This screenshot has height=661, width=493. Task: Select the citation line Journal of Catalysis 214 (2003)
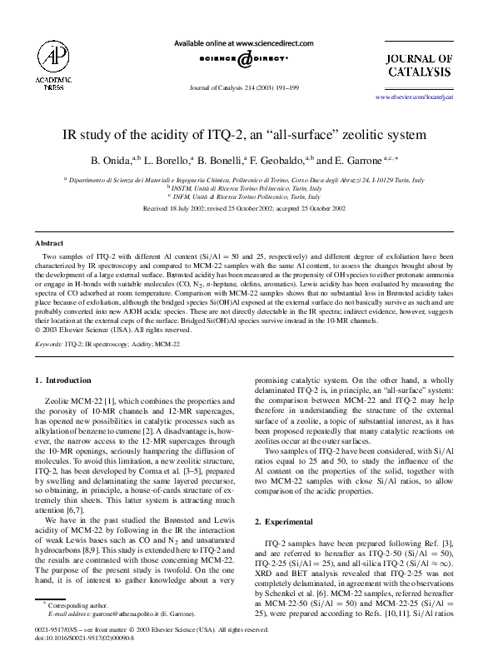(x=244, y=87)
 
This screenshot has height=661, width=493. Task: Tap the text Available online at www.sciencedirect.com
(x=244, y=42)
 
